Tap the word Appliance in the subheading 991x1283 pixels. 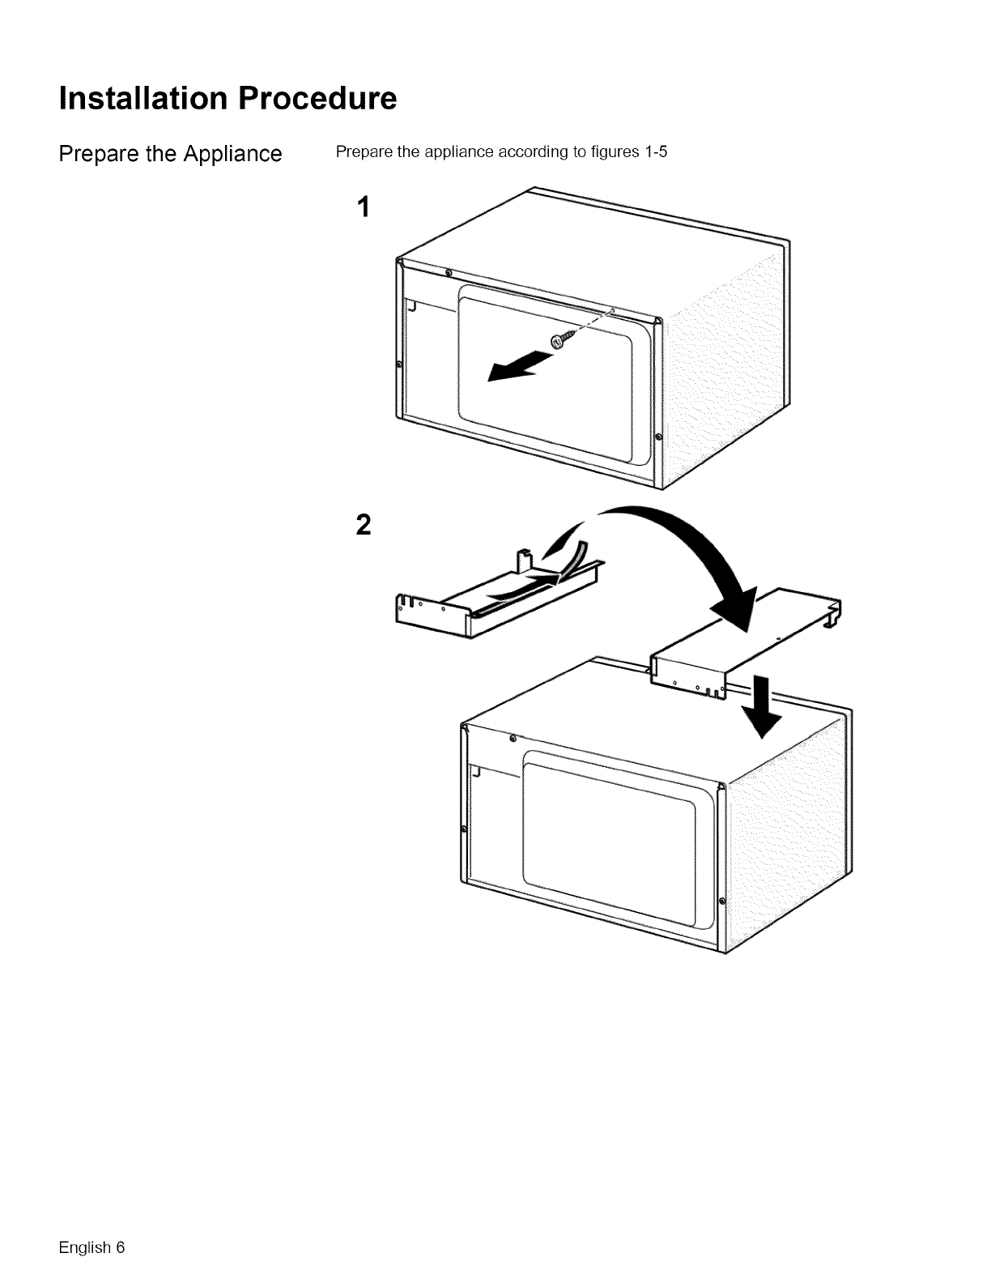point(231,154)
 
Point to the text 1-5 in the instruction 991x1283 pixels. point(654,153)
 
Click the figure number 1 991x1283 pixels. point(364,208)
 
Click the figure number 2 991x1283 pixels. point(364,526)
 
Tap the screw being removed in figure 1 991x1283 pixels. point(562,341)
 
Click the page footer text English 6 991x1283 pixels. point(91,1247)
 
